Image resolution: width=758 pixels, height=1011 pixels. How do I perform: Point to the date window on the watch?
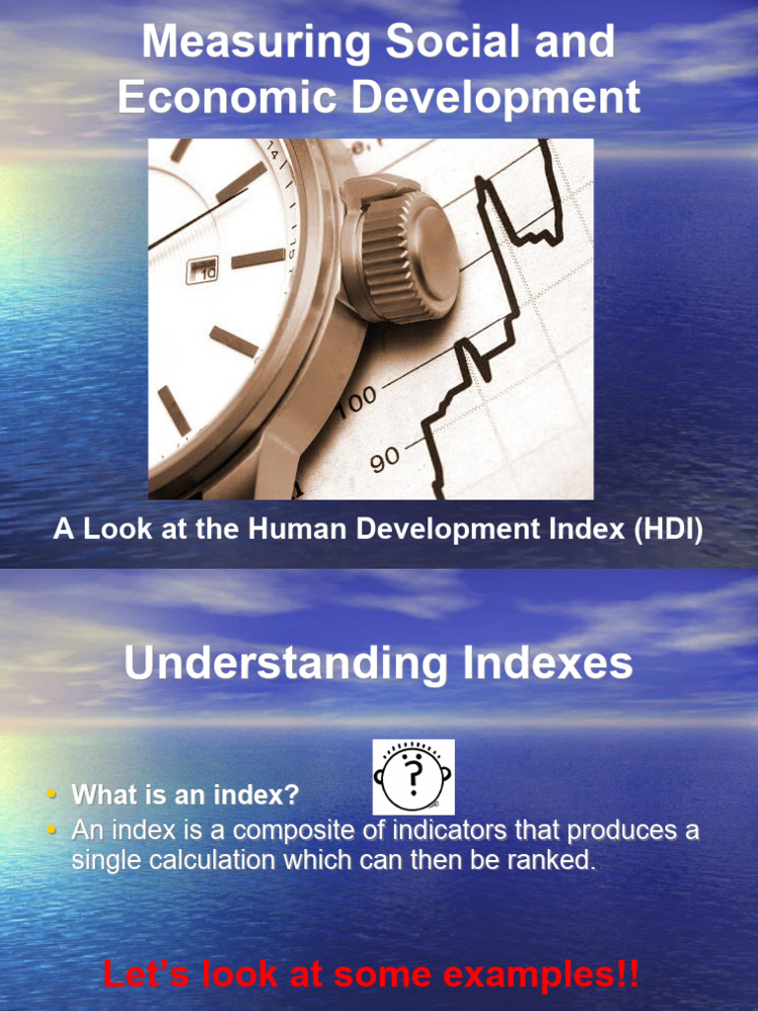pyautogui.click(x=202, y=270)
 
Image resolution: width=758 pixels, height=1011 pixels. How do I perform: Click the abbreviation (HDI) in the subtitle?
pyautogui.click(x=668, y=530)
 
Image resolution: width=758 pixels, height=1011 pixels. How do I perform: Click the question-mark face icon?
pyautogui.click(x=414, y=776)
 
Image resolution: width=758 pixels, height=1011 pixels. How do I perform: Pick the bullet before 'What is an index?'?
pyautogui.click(x=51, y=795)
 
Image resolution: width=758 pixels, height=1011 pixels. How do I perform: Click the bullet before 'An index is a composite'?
pyautogui.click(x=51, y=830)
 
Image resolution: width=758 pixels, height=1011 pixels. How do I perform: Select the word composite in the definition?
pyautogui.click(x=292, y=831)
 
